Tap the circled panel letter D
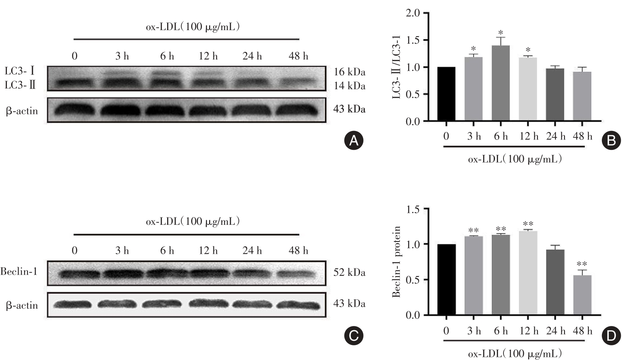[611, 336]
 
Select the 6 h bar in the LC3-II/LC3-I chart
[501, 83]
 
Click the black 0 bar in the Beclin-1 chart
[446, 279]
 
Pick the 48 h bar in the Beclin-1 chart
[582, 295]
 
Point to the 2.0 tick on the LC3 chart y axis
[413, 13]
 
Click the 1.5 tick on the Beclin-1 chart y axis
[413, 209]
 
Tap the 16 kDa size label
[349, 72]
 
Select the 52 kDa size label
[349, 273]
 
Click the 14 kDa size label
[349, 86]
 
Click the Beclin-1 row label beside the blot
[19, 272]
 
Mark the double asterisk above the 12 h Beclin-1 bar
[528, 224]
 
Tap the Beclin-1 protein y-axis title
[396, 262]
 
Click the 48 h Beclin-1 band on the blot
[298, 273]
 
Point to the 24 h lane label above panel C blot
[252, 251]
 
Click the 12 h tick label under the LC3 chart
[529, 136]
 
